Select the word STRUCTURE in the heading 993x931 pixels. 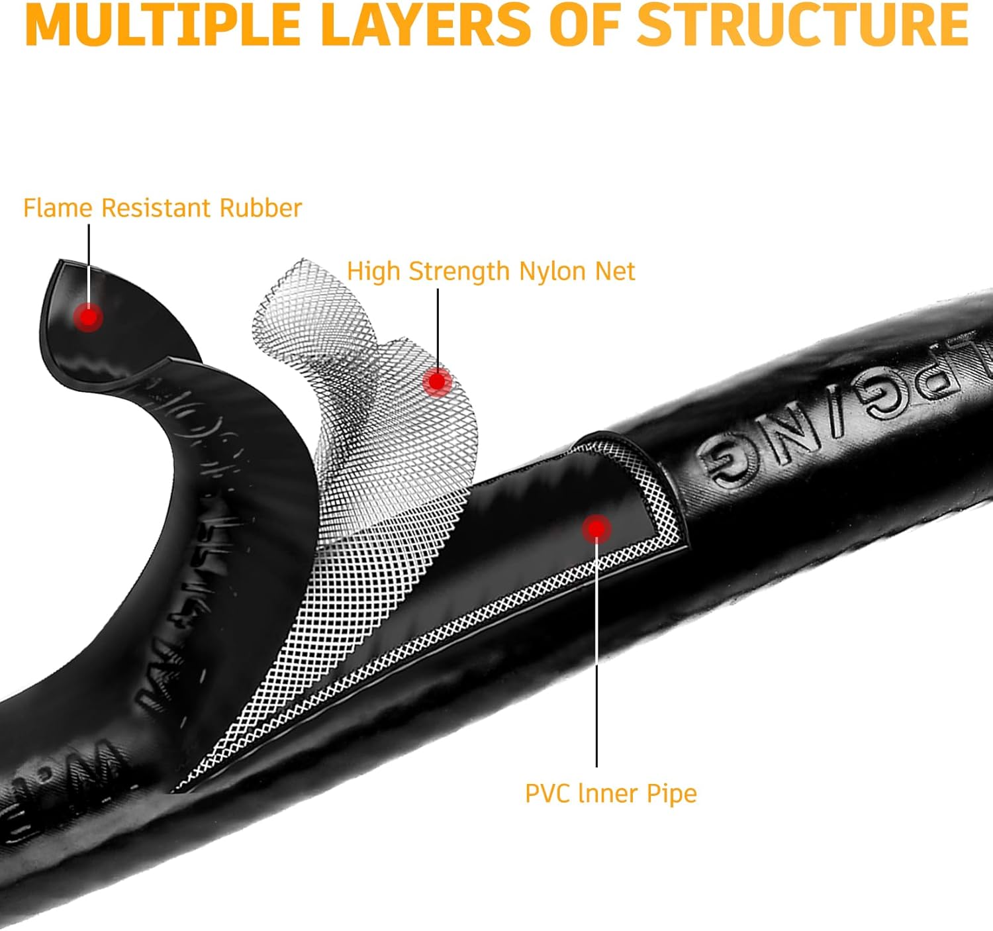(803, 25)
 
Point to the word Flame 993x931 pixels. (58, 208)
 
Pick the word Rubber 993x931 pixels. (261, 208)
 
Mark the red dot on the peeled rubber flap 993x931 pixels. (88, 317)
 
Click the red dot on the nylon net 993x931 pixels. (437, 381)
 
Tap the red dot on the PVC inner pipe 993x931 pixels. (596, 528)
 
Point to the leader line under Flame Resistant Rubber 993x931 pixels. (89, 265)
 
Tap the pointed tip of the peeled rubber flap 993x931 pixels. (60, 262)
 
